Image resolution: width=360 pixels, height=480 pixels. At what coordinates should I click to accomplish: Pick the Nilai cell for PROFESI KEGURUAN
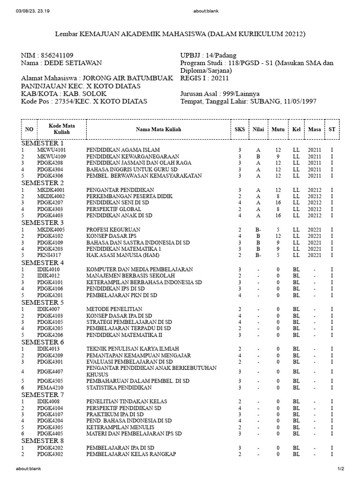pyautogui.click(x=258, y=230)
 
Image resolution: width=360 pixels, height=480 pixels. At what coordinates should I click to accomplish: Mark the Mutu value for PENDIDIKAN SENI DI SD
pyautogui.click(x=277, y=202)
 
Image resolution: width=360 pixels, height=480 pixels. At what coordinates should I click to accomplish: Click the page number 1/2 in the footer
pyautogui.click(x=341, y=469)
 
